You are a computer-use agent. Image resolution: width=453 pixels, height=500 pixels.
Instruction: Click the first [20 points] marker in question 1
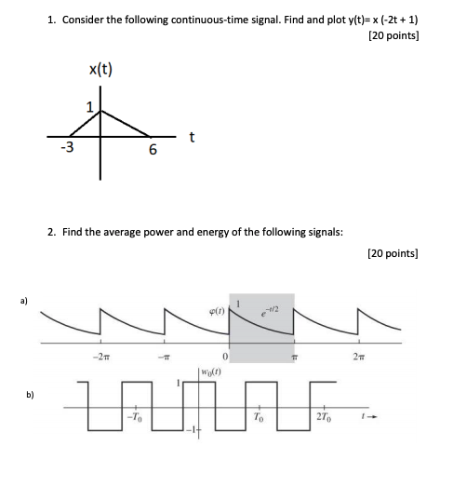393,36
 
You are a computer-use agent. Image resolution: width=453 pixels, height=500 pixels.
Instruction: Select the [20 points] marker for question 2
393,251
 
